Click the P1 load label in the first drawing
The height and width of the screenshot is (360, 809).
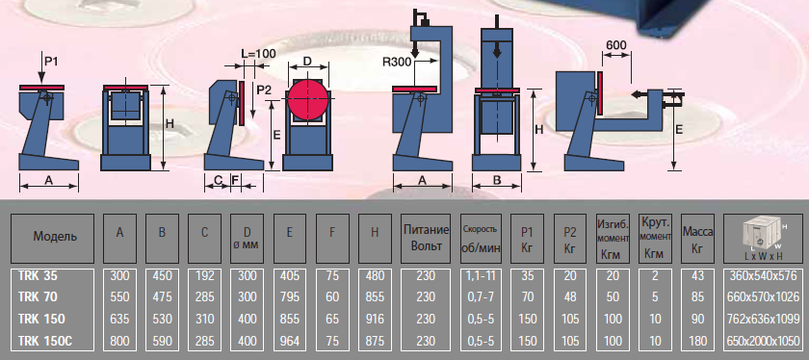click(x=50, y=62)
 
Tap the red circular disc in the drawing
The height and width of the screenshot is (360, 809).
click(x=308, y=98)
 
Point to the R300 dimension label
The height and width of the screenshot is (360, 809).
click(x=397, y=63)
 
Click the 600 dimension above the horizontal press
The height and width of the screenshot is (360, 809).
click(x=616, y=45)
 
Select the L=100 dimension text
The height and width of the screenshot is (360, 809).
click(x=258, y=53)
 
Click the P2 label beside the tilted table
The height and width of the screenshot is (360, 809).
click(x=264, y=90)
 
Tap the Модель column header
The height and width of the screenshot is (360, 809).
click(x=55, y=237)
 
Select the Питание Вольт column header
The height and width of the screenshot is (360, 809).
click(x=426, y=238)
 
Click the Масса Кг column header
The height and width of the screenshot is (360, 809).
click(x=697, y=239)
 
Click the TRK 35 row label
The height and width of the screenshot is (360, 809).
click(x=38, y=276)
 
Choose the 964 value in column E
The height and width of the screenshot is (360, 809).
click(x=290, y=341)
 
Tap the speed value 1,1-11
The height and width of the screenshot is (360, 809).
click(x=480, y=276)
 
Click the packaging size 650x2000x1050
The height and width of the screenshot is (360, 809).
click(x=763, y=341)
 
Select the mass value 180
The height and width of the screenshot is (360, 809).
click(x=697, y=341)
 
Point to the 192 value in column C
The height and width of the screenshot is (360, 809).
click(x=205, y=276)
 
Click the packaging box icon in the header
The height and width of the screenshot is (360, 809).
click(x=763, y=235)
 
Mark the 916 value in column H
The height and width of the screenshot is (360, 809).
click(x=375, y=320)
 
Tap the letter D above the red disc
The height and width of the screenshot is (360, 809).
click(x=307, y=62)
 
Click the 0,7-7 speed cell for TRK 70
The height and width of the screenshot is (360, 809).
click(x=480, y=297)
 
